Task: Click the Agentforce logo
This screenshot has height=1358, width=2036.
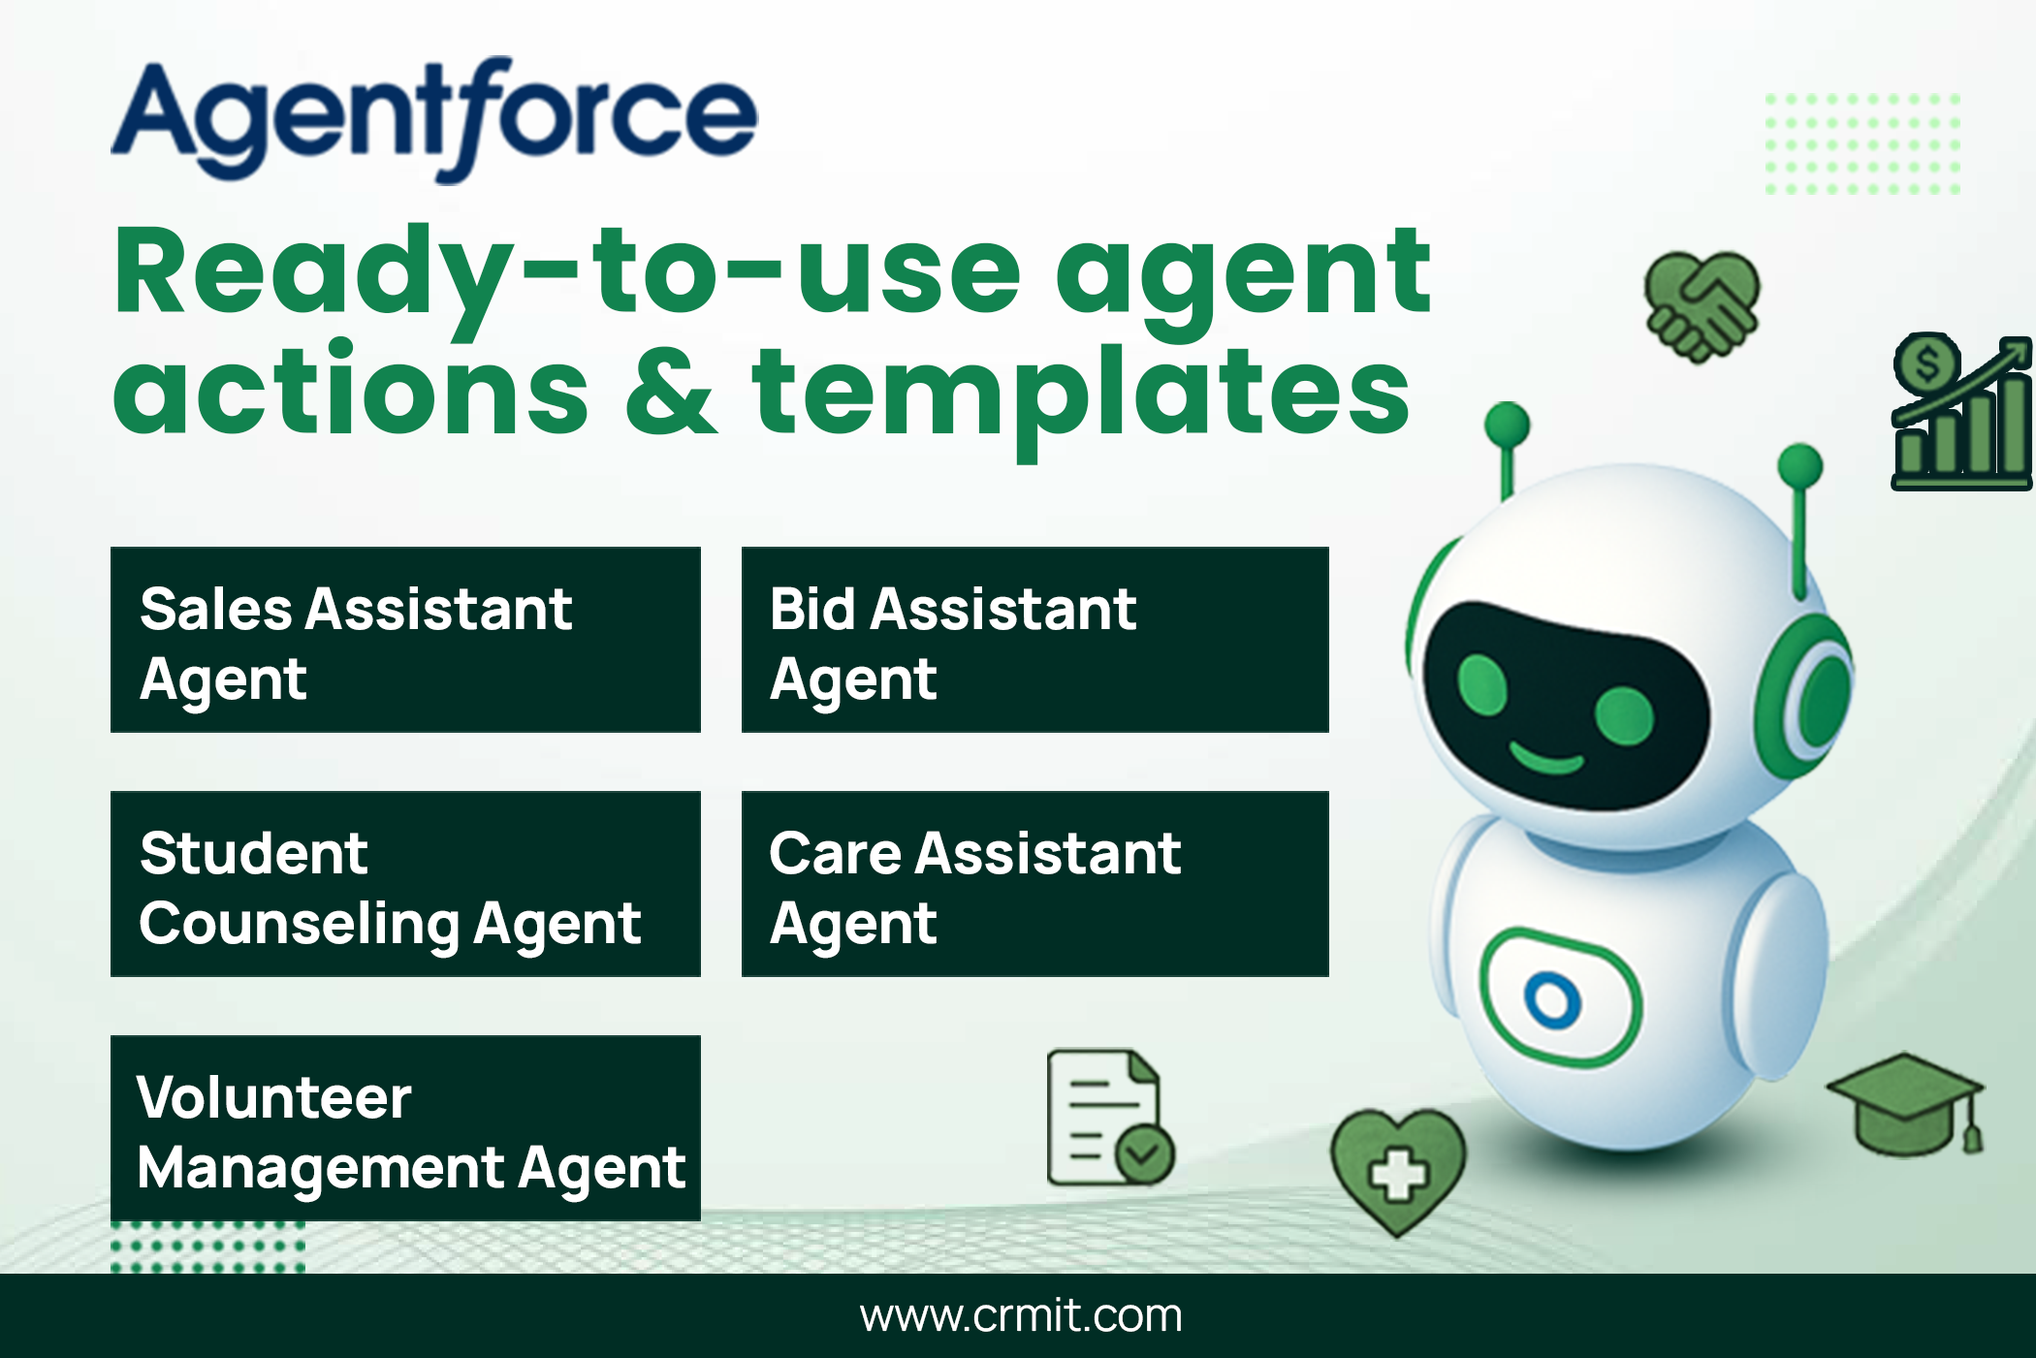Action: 434,119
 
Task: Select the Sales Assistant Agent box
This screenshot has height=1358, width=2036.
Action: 405,640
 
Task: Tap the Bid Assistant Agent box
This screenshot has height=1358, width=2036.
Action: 1034,640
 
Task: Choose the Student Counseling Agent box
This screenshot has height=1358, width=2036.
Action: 405,884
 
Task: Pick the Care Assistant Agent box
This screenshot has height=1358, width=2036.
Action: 1034,884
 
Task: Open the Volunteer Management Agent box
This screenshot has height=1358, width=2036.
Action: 405,1128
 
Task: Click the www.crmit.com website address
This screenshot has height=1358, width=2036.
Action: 1021,1316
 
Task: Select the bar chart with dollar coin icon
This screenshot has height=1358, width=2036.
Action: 1960,411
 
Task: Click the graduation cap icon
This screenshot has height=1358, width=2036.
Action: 1906,1105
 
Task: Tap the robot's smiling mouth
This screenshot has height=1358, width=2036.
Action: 1547,758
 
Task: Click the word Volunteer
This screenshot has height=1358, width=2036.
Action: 274,1097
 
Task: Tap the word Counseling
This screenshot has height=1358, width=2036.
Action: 299,925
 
